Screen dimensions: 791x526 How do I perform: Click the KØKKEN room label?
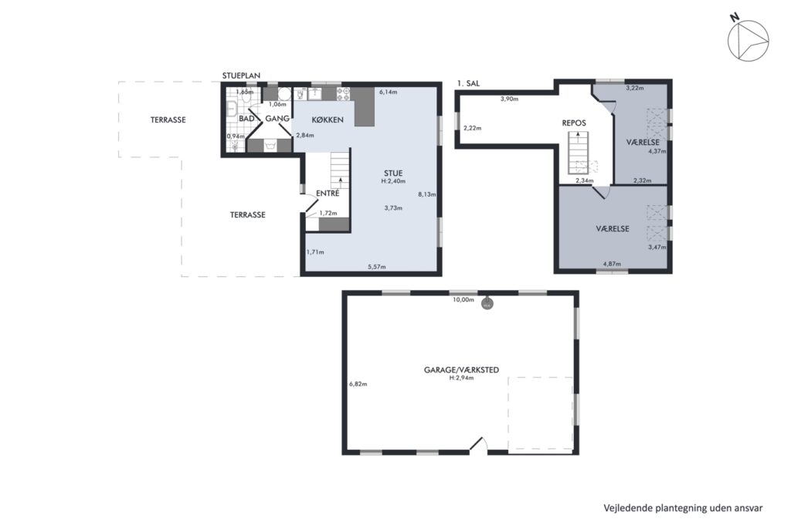point(328,120)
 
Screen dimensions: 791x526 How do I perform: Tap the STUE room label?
point(393,174)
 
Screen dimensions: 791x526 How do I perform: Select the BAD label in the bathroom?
point(246,119)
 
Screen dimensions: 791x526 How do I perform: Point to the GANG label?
point(277,119)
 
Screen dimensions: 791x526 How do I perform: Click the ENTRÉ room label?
point(328,193)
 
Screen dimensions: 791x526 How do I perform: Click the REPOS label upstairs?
point(574,123)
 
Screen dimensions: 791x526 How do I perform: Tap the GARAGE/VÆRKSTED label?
point(461,369)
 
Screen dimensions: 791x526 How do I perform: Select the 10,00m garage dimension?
point(463,299)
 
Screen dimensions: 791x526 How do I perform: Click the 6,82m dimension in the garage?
point(358,384)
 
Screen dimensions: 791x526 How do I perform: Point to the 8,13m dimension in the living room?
point(426,194)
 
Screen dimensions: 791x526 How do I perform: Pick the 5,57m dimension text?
point(376,267)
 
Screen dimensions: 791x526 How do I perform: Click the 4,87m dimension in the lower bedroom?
point(612,264)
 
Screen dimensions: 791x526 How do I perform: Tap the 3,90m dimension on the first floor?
point(509,99)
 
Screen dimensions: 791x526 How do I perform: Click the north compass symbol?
point(748,40)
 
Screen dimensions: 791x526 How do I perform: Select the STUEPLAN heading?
point(241,76)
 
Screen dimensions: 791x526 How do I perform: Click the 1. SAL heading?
point(468,83)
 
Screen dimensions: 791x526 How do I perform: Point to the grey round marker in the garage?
point(487,304)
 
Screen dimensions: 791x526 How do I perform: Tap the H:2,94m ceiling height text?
point(461,377)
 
